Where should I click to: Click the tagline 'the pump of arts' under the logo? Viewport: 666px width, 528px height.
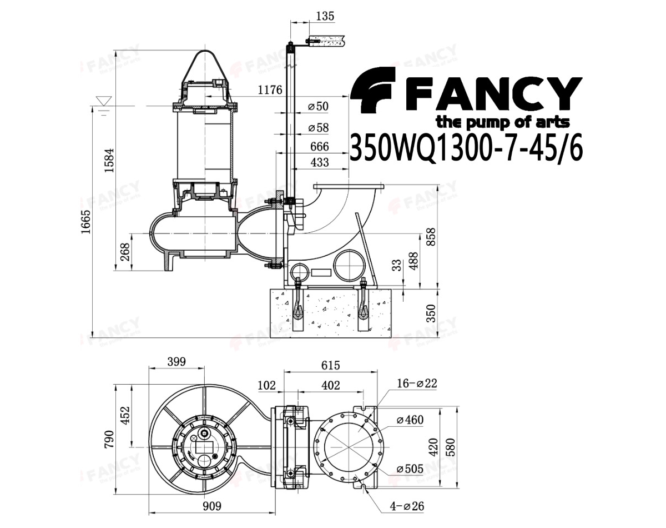click(x=502, y=122)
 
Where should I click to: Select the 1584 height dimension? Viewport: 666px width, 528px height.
click(x=109, y=160)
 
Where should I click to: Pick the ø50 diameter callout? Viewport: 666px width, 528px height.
click(x=318, y=106)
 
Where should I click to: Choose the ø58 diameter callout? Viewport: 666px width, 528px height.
click(x=318, y=127)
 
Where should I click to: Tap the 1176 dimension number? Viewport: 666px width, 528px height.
click(x=270, y=90)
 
